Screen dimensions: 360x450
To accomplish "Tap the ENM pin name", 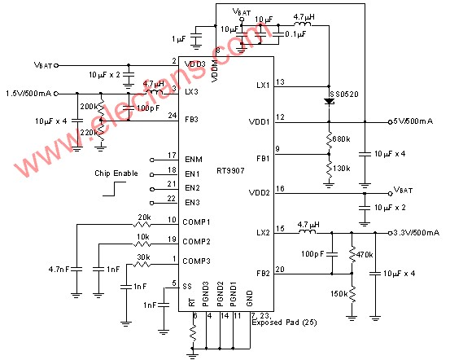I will click(x=193, y=158).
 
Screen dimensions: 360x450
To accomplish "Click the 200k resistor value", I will click(x=90, y=107).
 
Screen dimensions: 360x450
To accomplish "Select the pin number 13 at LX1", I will click(x=280, y=82).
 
